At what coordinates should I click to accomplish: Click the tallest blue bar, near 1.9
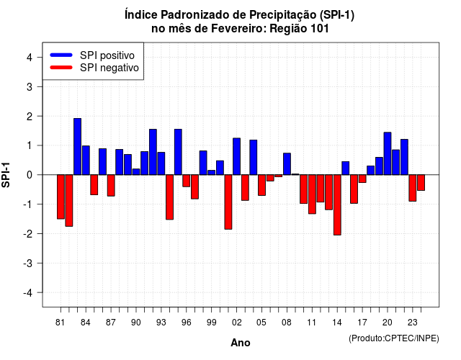point(77,147)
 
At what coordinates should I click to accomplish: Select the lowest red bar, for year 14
point(337,204)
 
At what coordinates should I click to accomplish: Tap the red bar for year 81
point(61,197)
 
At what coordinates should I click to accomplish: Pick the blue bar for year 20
point(388,153)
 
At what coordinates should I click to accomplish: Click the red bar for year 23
point(413,188)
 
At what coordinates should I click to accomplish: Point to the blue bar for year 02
point(237,156)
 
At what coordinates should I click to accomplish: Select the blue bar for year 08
point(287,164)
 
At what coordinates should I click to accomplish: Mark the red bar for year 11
point(312,194)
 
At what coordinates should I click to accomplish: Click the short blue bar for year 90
point(136,171)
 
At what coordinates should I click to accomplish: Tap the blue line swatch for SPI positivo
point(61,55)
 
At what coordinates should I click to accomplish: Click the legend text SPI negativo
point(109,68)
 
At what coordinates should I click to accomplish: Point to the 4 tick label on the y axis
point(30,58)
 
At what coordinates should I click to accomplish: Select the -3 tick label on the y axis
point(28,263)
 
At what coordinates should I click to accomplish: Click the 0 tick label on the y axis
point(30,175)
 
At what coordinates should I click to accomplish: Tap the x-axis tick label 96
point(187,323)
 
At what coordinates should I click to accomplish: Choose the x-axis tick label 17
point(362,323)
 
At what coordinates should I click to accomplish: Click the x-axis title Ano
point(241,343)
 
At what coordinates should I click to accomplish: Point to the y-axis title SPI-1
point(6,175)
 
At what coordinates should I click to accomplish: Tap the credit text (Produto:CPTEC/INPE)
point(394,338)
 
